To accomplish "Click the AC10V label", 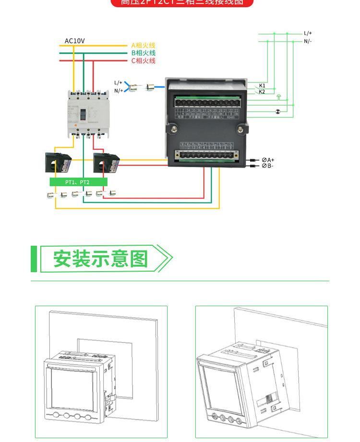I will pos(74,41).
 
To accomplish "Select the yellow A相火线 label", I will pos(143,45).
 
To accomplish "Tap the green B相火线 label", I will pos(143,53).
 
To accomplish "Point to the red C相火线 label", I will pos(143,61).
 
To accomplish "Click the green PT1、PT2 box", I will pos(78,182).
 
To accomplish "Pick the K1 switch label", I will pos(262,85).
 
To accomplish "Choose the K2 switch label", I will pos(262,92).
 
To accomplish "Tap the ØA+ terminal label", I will pos(268,159).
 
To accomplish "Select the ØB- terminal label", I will pos(267,166).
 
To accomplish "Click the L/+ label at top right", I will pos(308,34).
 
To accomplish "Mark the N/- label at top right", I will pos(308,41).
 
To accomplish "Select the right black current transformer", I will pos(107,163).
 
